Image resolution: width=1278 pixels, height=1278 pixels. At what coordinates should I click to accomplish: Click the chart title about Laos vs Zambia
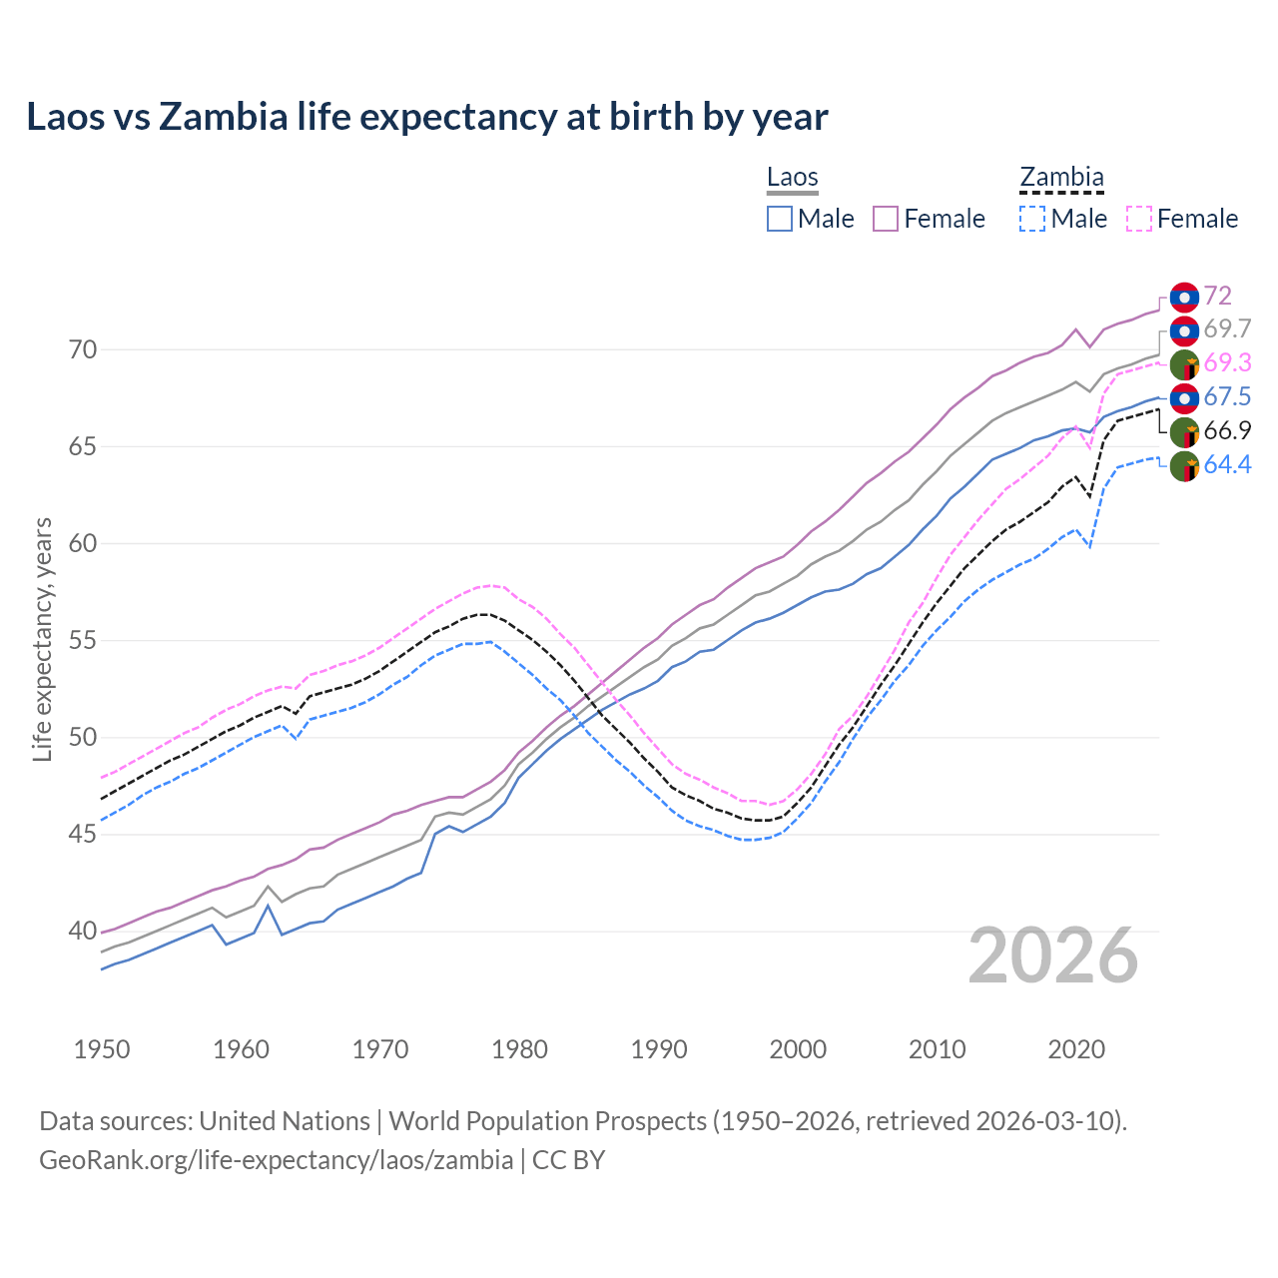pos(427,117)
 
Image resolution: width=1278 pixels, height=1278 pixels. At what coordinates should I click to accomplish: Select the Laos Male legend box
pos(780,219)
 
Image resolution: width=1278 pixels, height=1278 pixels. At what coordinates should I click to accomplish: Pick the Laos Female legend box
pos(886,219)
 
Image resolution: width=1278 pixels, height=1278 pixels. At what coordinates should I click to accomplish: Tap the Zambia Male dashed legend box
pos(1032,219)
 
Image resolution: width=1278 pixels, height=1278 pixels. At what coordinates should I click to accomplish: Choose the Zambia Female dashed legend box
pos(1139,219)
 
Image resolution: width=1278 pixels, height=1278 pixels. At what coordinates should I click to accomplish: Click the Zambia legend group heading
pos(1061,177)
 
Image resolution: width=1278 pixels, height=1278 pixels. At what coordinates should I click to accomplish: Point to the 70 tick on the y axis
pos(83,349)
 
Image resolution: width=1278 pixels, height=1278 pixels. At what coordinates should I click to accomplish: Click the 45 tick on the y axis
pos(83,835)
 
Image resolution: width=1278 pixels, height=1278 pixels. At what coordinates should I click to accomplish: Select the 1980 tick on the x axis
pos(520,1049)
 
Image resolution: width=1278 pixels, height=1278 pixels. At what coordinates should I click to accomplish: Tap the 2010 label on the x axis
pos(938,1049)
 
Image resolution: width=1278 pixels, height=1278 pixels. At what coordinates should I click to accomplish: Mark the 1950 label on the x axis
pos(103,1049)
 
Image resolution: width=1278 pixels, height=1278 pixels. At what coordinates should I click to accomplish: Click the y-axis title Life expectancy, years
pos(42,639)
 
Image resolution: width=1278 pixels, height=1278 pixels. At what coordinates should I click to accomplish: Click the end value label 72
pos(1217,296)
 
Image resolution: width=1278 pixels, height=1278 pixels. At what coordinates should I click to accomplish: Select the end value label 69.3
pos(1227,362)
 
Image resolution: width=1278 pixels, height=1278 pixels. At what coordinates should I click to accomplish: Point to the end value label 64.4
pos(1227,464)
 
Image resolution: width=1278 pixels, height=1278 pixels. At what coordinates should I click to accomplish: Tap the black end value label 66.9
pos(1227,430)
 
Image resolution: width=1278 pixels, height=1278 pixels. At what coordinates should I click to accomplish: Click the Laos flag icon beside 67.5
pos(1184,397)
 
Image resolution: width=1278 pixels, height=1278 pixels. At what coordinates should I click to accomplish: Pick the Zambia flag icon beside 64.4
pos(1184,466)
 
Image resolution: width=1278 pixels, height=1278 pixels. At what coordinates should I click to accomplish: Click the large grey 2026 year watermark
pos(1053,956)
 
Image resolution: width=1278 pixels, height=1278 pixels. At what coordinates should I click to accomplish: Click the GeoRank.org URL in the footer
pos(276,1160)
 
